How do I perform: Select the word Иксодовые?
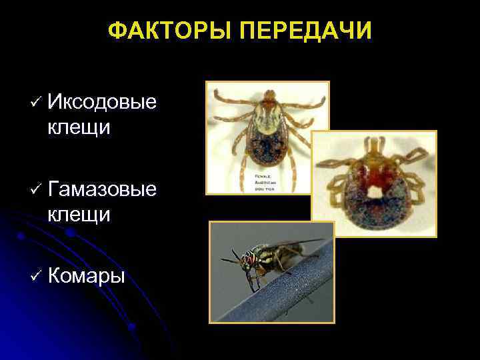point(103,101)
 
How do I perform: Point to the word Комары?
point(87,275)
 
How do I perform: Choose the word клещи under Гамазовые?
point(79,214)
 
